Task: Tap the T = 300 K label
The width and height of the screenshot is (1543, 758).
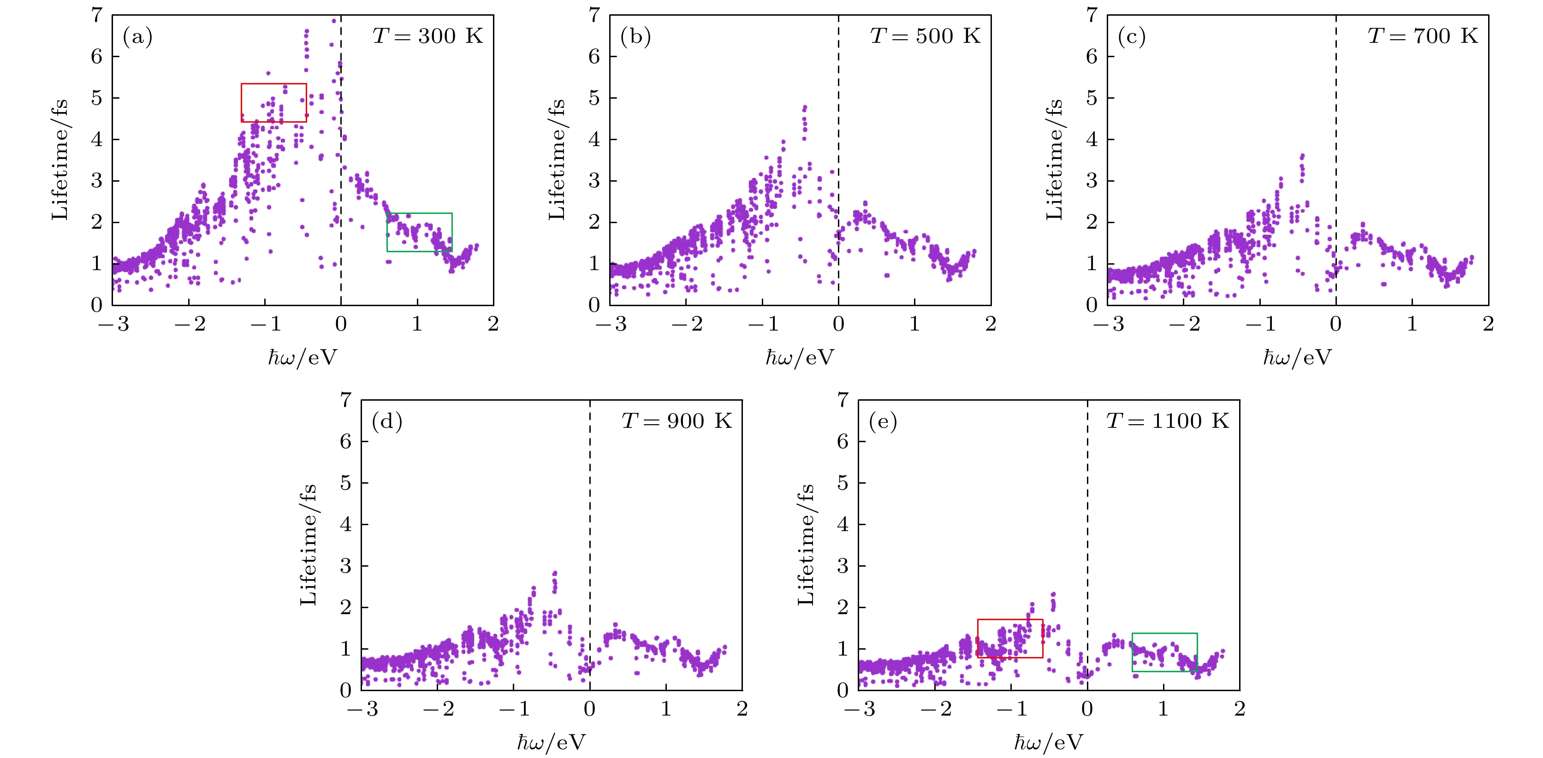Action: tap(427, 36)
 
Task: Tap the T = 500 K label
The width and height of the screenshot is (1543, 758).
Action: tap(925, 36)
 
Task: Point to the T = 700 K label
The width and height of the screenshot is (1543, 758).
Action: tap(1423, 36)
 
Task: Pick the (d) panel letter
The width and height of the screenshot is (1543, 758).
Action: tap(387, 422)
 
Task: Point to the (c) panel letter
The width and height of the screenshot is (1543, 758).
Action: tap(1132, 37)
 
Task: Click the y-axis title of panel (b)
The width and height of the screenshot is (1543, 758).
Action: tap(557, 160)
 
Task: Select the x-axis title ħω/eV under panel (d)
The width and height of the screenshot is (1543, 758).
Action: tap(551, 742)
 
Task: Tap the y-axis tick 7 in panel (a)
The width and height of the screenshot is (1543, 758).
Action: tap(97, 15)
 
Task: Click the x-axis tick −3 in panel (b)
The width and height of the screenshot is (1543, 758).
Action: tap(611, 325)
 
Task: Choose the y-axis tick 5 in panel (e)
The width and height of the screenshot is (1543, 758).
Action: tap(843, 483)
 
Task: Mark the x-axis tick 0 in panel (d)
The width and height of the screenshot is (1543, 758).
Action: tap(590, 710)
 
